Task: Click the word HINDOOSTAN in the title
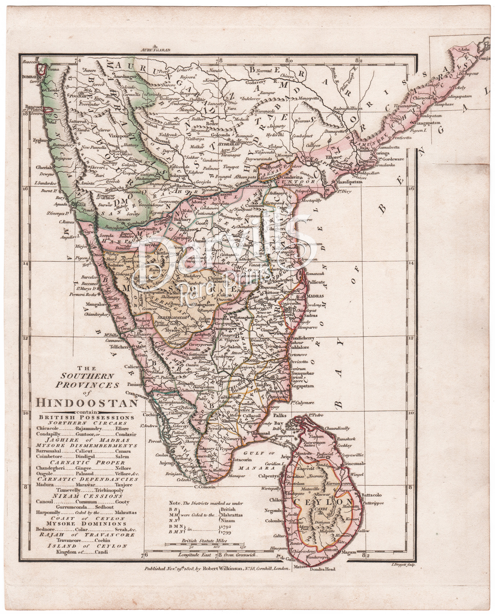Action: (87, 402)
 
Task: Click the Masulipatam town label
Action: (349, 182)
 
